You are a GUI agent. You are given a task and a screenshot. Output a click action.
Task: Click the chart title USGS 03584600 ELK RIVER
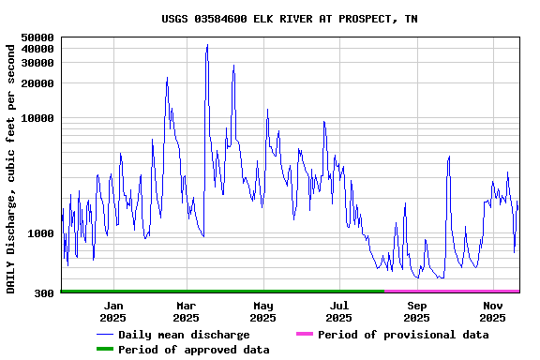click(x=290, y=19)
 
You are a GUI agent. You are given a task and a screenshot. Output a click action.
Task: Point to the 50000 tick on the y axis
click(x=37, y=37)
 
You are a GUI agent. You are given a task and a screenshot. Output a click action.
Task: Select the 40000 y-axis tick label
click(x=37, y=49)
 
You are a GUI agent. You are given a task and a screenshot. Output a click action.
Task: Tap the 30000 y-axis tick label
click(x=37, y=63)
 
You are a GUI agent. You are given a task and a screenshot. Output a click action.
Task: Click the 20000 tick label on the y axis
click(x=37, y=83)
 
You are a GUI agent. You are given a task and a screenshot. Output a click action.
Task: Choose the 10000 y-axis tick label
click(x=37, y=118)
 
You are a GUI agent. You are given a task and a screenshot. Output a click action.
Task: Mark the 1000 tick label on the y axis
click(x=41, y=233)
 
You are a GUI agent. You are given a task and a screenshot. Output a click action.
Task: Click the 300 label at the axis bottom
click(x=45, y=293)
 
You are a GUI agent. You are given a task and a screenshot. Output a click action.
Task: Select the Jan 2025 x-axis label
click(x=112, y=311)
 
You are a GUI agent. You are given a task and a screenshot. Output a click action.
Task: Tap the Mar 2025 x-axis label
click(x=186, y=311)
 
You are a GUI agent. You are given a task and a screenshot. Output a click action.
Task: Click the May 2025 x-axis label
click(x=262, y=311)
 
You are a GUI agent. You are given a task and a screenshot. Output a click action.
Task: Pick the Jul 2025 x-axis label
click(x=339, y=311)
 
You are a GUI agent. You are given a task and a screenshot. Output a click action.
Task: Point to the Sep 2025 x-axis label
click(x=417, y=311)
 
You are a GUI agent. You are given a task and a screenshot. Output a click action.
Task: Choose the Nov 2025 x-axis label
click(x=493, y=311)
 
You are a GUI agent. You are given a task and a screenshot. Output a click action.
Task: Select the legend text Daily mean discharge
click(x=184, y=335)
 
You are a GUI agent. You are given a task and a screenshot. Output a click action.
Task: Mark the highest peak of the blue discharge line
click(x=207, y=44)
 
